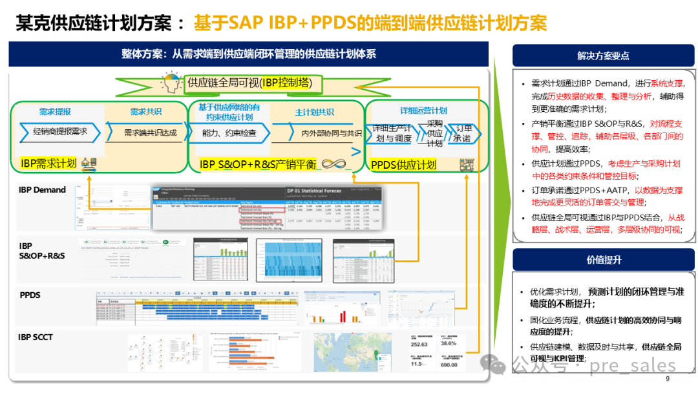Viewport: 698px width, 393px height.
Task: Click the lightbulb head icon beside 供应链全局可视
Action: [x=171, y=84]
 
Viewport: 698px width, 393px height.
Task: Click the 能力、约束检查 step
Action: [x=229, y=133]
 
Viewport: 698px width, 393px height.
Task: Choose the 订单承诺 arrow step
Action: [x=463, y=133]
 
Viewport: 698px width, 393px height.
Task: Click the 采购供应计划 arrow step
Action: [x=434, y=133]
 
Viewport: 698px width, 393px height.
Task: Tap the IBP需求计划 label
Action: [x=48, y=163]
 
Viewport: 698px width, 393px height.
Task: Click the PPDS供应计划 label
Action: [x=403, y=165]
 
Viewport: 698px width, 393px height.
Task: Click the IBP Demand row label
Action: [x=42, y=189]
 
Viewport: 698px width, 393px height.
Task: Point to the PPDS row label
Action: [x=30, y=295]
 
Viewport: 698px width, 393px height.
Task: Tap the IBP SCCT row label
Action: [x=36, y=337]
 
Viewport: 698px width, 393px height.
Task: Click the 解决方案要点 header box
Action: [x=602, y=56]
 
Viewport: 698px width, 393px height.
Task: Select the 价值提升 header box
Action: [x=602, y=259]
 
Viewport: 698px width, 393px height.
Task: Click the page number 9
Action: [x=667, y=379]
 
